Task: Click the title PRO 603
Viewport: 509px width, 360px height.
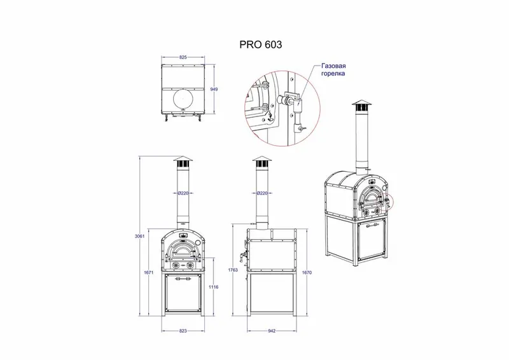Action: click(x=261, y=45)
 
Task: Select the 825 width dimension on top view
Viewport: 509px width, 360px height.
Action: click(x=183, y=57)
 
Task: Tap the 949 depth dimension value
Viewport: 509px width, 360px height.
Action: click(x=214, y=89)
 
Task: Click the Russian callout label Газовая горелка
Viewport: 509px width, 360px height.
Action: click(x=333, y=70)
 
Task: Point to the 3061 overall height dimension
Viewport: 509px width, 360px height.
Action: click(x=139, y=237)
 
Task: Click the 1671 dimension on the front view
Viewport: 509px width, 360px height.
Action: click(x=148, y=273)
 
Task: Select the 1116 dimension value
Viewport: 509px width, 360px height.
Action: click(x=214, y=287)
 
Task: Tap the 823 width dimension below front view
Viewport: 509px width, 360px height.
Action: click(x=183, y=331)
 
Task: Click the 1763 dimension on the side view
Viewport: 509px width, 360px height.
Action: click(x=233, y=270)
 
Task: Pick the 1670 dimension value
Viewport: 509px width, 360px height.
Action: click(x=307, y=273)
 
